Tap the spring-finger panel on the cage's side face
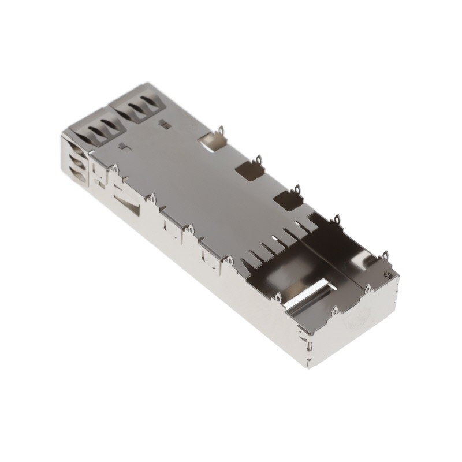click(77, 165)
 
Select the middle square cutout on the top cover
click(249, 170)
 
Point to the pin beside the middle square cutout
click(259, 158)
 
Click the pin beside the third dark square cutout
click(297, 189)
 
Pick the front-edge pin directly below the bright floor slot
click(278, 297)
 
